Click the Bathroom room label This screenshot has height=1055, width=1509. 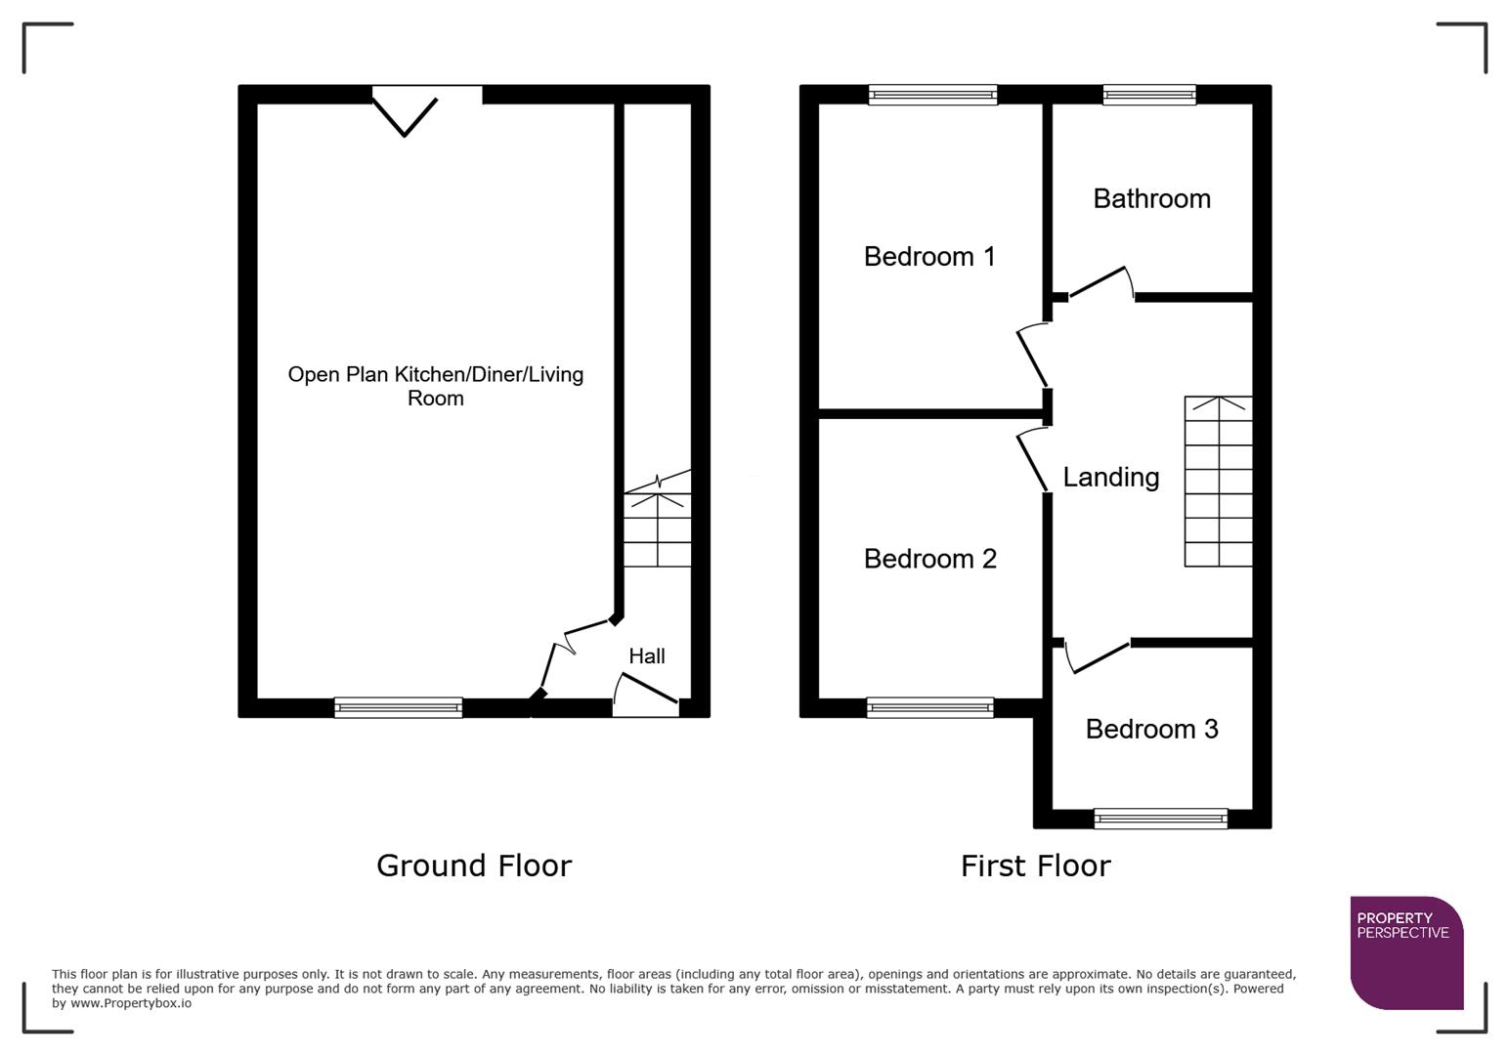click(x=1151, y=199)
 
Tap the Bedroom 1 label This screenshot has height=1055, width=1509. click(x=929, y=257)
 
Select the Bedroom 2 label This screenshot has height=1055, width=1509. click(x=929, y=559)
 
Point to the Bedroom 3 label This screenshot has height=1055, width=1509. click(x=1151, y=730)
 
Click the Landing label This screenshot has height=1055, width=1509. click(x=1110, y=478)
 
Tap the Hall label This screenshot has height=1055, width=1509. click(x=646, y=656)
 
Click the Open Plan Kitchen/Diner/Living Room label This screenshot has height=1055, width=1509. click(x=436, y=386)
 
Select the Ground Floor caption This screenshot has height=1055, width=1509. click(x=474, y=865)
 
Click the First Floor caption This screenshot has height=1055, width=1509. click(x=1035, y=865)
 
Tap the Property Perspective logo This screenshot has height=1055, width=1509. click(x=1405, y=952)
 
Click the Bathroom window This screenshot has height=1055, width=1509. click(x=1149, y=95)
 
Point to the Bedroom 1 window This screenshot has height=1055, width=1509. click(x=932, y=95)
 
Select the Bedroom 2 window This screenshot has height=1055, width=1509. click(x=929, y=708)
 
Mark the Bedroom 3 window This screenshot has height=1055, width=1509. click(x=1160, y=819)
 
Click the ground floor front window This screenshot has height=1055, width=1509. click(x=398, y=707)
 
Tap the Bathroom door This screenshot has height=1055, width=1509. click(x=1100, y=282)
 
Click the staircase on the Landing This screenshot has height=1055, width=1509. click(x=1218, y=482)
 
